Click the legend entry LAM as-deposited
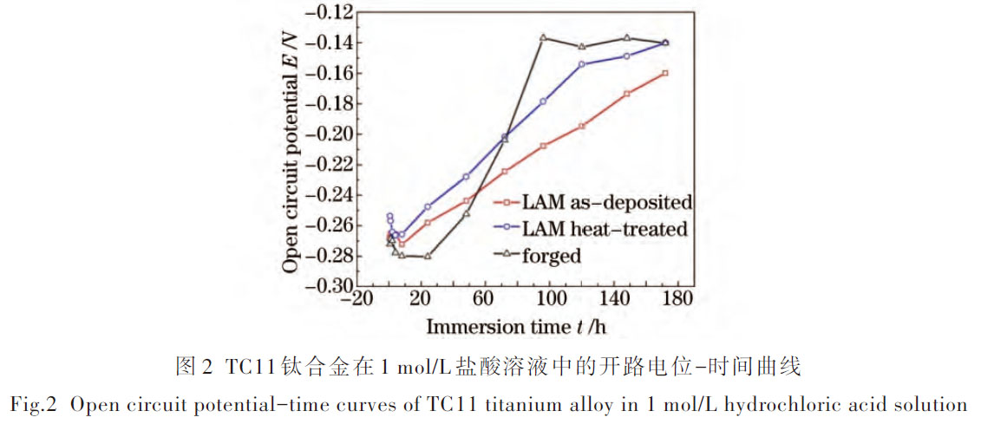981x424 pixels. [x=606, y=203]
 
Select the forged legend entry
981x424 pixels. [x=552, y=255]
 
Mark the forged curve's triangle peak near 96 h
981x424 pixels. [x=543, y=37]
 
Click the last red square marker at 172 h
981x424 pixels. [x=665, y=73]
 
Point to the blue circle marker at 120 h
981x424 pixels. [x=582, y=64]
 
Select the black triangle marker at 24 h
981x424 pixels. [x=428, y=256]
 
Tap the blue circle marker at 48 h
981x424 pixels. [x=466, y=176]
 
